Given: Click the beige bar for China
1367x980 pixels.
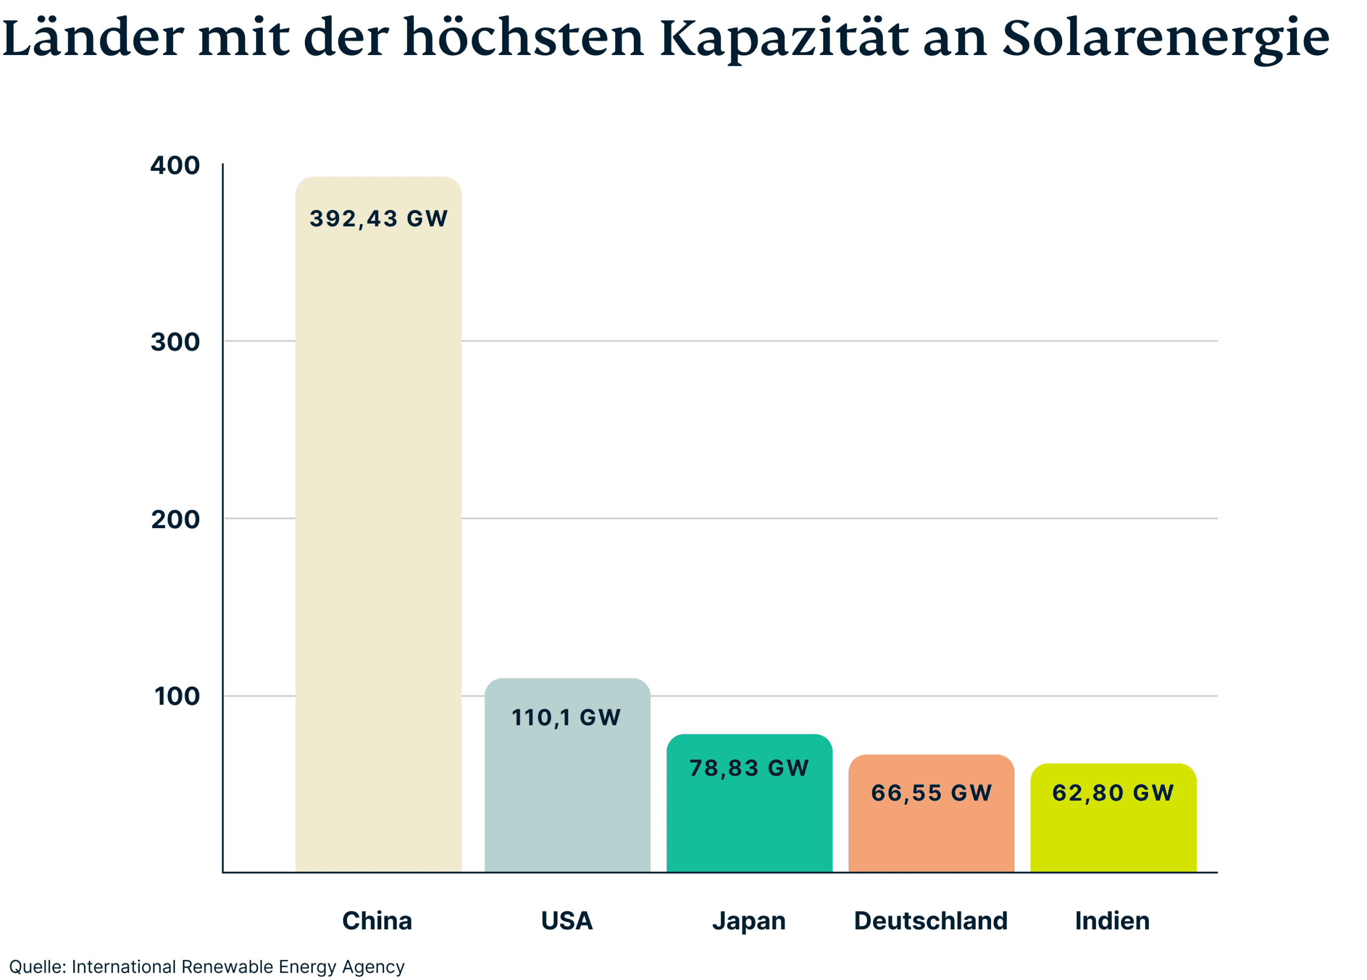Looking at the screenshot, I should coord(378,543).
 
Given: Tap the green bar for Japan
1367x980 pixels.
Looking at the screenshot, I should coord(749,826).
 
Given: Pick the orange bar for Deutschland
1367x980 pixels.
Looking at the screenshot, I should coord(931,838).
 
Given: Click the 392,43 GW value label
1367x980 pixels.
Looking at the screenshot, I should coord(379,219).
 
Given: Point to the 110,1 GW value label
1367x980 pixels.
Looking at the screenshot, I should coord(566,718).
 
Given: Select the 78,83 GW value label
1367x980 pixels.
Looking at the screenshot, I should coord(749,769).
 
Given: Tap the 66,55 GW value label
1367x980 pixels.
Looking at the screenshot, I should coord(931,793).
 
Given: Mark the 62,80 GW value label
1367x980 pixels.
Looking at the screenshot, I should coord(1113,793).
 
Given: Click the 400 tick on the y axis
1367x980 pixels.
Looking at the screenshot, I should coord(175,166).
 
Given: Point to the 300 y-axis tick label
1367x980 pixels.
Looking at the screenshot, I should coord(175,342).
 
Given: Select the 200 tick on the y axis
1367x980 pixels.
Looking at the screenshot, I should coord(175,520).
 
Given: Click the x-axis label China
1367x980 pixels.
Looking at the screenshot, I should coord(378,921).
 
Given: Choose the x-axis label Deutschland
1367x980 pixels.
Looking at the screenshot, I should coord(931,921).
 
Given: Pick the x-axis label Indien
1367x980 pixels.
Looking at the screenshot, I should coord(1113,921).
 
